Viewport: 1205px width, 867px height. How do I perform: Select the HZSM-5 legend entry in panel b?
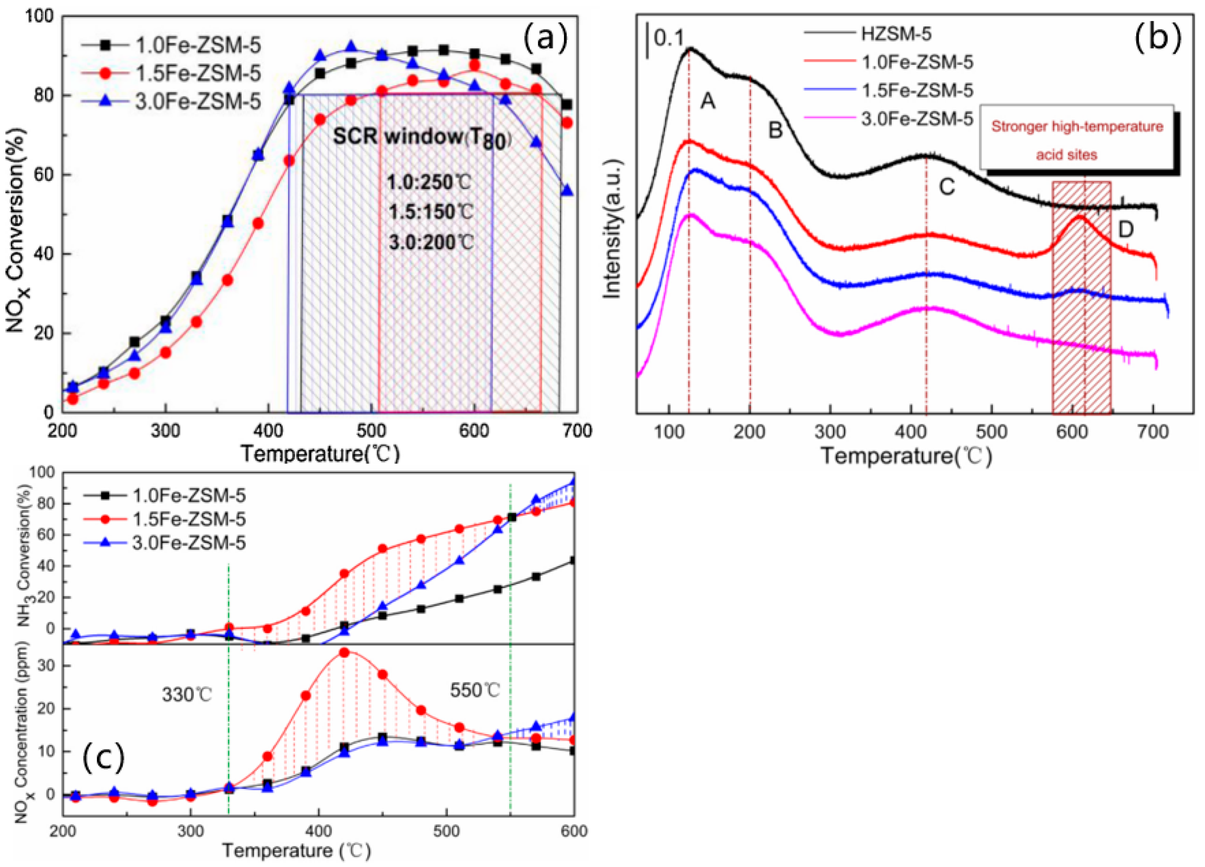[896, 34]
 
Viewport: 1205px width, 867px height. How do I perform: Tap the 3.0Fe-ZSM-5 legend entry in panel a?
[198, 101]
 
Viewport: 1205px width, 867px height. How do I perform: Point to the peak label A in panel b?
[707, 100]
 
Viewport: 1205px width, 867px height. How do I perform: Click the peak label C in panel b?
[947, 186]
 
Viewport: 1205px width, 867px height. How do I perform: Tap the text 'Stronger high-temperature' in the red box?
[1077, 127]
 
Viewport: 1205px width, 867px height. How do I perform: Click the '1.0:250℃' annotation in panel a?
[429, 183]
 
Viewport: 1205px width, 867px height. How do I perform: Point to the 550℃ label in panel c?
[475, 691]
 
